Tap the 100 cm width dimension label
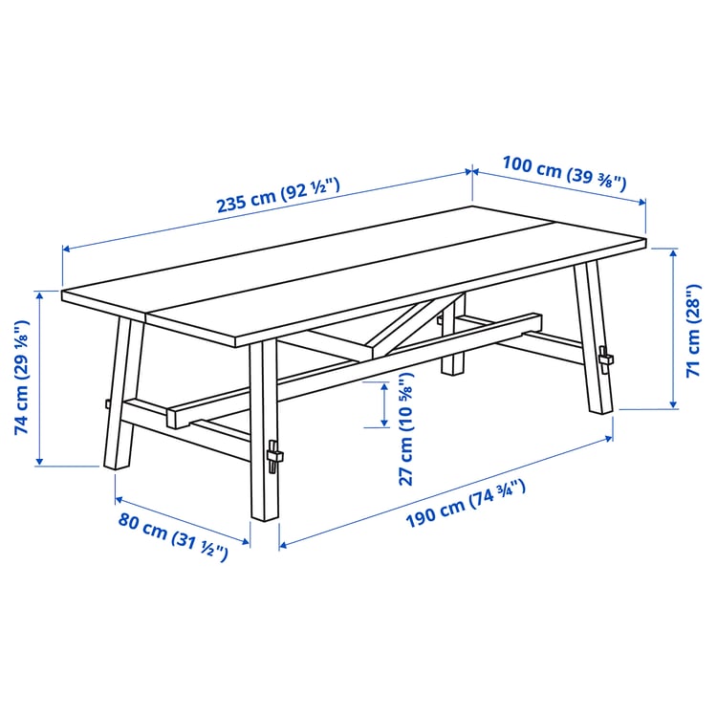tap(564, 172)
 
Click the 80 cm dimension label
tap(173, 536)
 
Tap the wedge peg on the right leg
tap(604, 358)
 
